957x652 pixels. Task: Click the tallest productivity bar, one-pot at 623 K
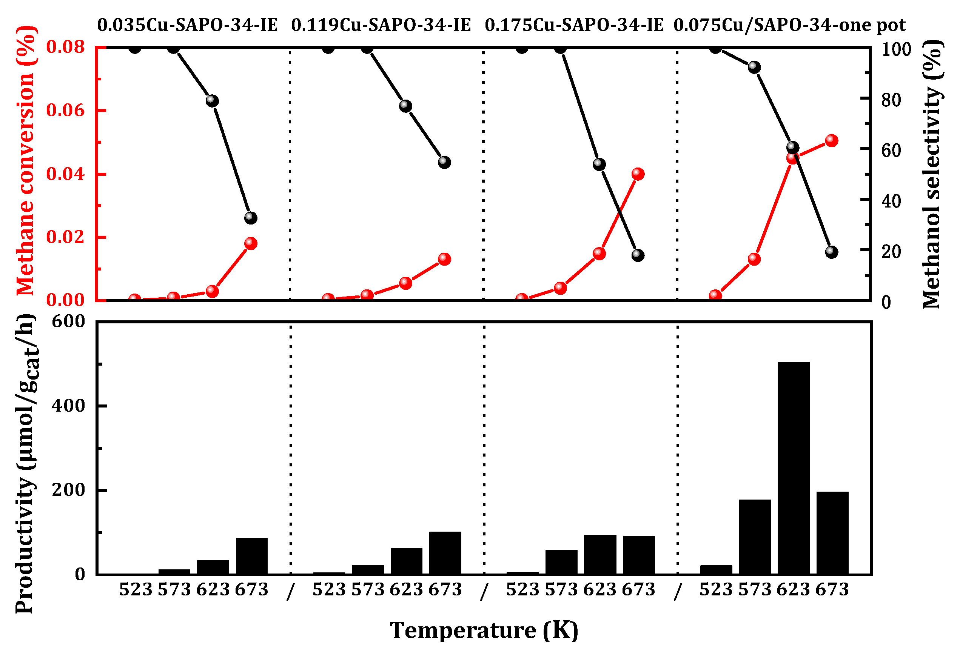[x=793, y=467]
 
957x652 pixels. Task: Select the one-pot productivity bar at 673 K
[x=832, y=533]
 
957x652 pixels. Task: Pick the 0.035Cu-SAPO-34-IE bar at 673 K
[x=251, y=556]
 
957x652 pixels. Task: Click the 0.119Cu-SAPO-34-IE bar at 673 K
[x=445, y=552]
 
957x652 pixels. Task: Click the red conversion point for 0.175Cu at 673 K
[x=638, y=174]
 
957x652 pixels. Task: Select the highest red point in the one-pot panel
[x=831, y=140]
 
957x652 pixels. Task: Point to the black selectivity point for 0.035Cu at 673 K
[x=251, y=218]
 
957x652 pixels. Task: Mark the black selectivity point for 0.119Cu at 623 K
[x=405, y=106]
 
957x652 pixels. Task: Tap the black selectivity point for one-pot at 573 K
[x=754, y=67]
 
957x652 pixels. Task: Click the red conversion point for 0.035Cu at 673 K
[x=251, y=243]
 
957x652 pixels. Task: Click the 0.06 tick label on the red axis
[x=65, y=110]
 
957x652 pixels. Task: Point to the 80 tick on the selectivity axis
[x=891, y=100]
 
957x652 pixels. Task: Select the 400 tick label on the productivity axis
[x=68, y=406]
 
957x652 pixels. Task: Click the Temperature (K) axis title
[x=484, y=630]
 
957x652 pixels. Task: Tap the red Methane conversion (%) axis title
[x=26, y=160]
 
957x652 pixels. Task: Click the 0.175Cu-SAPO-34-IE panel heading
[x=574, y=25]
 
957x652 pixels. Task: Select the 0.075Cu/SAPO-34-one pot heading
[x=789, y=25]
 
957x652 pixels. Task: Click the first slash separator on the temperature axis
[x=291, y=591]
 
